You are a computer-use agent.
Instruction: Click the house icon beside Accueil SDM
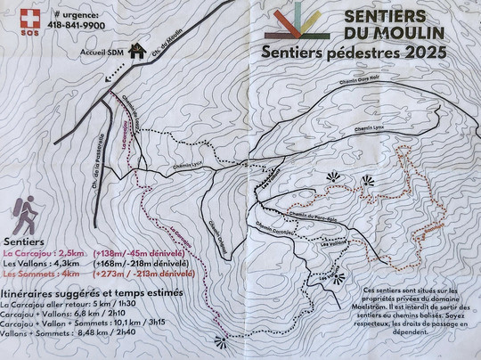tap(136, 51)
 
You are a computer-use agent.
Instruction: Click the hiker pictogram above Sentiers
tap(24, 215)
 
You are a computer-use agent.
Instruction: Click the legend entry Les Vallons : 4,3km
tap(46, 264)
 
